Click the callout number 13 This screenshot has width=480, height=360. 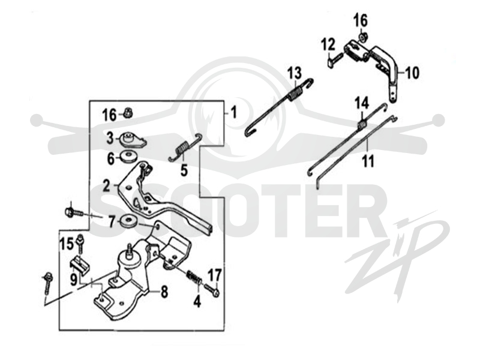pyautogui.click(x=295, y=73)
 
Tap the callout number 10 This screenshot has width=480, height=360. pyautogui.click(x=412, y=73)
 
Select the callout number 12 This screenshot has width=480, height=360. pyautogui.click(x=328, y=46)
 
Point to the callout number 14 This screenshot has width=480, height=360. pyautogui.click(x=362, y=103)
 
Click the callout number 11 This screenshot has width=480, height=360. pyautogui.click(x=368, y=161)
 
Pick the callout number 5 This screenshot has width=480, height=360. pyautogui.click(x=184, y=170)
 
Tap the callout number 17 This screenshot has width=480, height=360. pyautogui.click(x=215, y=275)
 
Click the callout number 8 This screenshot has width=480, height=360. pyautogui.click(x=164, y=292)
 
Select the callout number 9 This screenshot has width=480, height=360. pyautogui.click(x=73, y=280)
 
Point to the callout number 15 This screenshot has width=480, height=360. pyautogui.click(x=67, y=244)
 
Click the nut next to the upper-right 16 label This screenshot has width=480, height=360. pyautogui.click(x=363, y=37)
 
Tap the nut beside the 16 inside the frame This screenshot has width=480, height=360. pyautogui.click(x=127, y=113)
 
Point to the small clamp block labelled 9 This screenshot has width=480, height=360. pyautogui.click(x=80, y=264)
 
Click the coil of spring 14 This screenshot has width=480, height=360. pyautogui.click(x=362, y=125)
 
